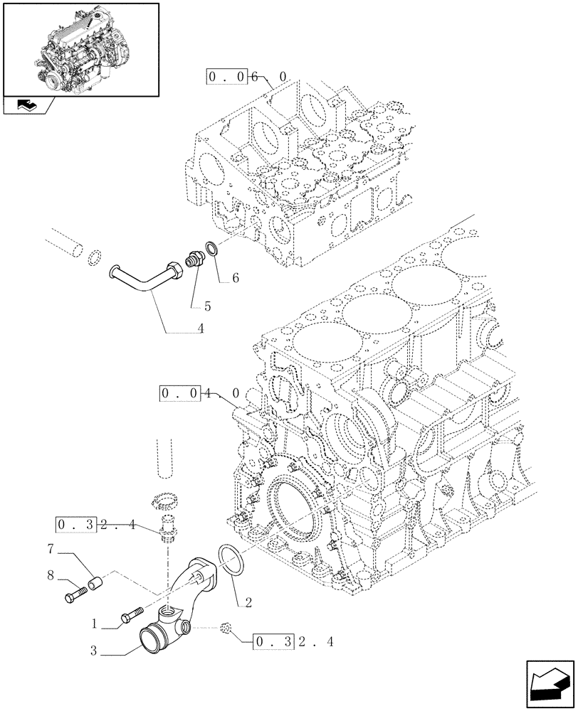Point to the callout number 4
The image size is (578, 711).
click(201, 328)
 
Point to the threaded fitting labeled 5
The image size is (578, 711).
click(193, 261)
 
